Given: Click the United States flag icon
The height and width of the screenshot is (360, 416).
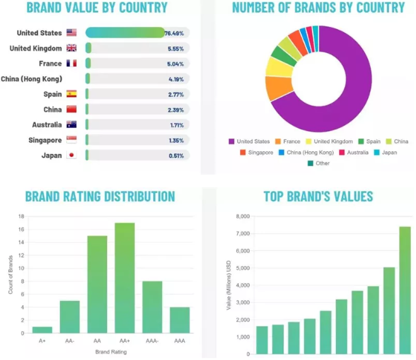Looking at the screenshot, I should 71,33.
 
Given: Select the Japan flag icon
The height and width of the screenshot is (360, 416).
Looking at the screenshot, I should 71,155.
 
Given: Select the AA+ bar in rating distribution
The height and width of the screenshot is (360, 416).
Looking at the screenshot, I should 125,277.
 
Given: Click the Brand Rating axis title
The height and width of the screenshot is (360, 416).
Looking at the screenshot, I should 110,351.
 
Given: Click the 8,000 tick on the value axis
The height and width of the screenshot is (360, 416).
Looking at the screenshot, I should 241,216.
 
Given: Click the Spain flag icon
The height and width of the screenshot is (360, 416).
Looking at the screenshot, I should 71,94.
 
